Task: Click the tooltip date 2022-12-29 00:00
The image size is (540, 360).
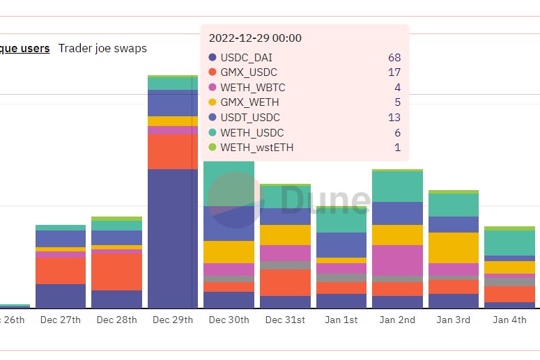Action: click(255, 38)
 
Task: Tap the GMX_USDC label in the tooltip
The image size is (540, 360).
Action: click(249, 72)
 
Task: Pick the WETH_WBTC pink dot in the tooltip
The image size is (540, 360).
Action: click(213, 88)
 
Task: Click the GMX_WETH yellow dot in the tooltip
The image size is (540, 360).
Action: click(213, 102)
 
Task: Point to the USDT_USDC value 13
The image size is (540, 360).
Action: click(394, 118)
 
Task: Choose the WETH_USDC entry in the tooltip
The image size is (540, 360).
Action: click(252, 132)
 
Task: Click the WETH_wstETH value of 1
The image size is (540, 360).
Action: click(397, 148)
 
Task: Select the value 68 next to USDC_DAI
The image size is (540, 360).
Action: click(394, 58)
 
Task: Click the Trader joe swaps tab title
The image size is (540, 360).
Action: click(102, 48)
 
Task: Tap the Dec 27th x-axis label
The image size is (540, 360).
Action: click(61, 320)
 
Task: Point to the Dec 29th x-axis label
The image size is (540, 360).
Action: click(173, 320)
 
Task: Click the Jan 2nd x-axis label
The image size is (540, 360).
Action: click(397, 320)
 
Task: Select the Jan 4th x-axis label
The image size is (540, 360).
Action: click(509, 320)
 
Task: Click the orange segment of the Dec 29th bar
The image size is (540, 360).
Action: click(173, 152)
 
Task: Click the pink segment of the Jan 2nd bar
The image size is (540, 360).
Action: click(397, 260)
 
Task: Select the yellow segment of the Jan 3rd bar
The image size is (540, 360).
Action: click(453, 247)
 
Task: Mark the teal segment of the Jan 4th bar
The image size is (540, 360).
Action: click(509, 242)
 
